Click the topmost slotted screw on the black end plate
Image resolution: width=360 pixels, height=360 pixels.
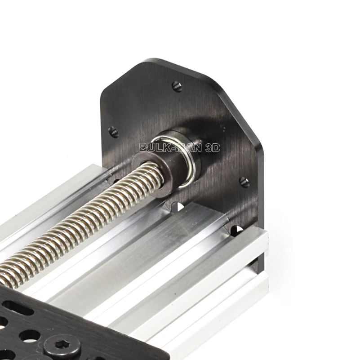click(x=177, y=87)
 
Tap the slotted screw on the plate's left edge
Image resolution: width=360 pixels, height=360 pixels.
click(x=113, y=132)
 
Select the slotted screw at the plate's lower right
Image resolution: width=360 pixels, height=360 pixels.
click(x=244, y=182)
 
